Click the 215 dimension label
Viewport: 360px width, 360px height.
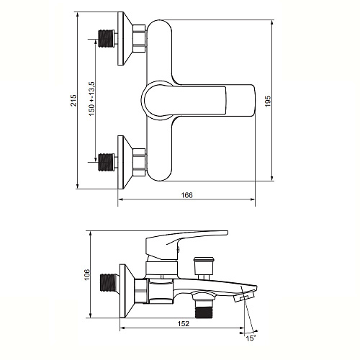73,100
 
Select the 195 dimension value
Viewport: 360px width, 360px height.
268,102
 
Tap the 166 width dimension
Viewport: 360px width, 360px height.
186,195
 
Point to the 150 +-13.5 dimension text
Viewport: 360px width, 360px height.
91,99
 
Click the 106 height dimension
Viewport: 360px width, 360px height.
86,274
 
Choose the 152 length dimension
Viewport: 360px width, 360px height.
184,323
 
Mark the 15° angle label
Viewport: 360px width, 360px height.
251,338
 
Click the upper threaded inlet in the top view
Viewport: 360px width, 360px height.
107,39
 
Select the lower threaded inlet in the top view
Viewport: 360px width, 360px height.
107,162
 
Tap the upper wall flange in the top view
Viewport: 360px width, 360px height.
125,38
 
